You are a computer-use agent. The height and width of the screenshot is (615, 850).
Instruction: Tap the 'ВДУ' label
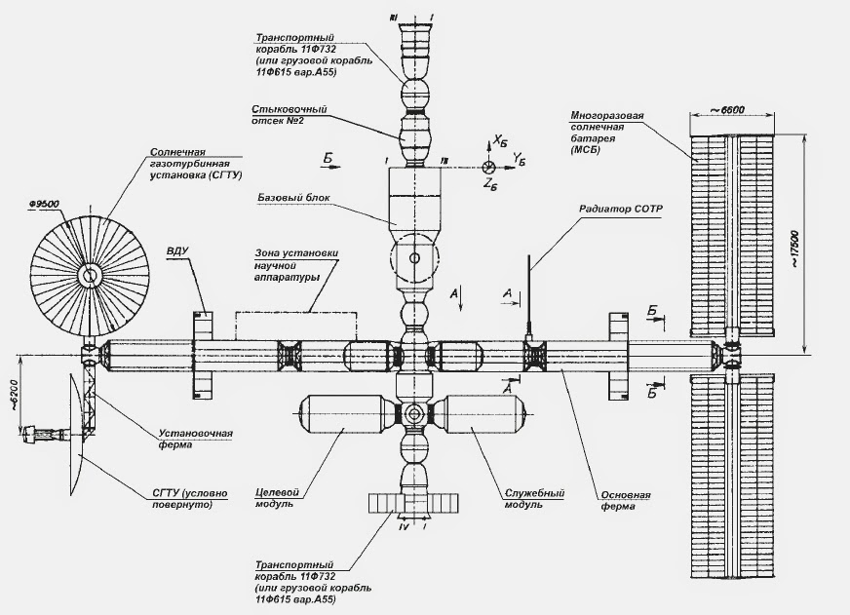pyautogui.click(x=176, y=252)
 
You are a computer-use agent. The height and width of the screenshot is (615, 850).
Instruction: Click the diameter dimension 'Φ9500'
pyautogui.click(x=45, y=203)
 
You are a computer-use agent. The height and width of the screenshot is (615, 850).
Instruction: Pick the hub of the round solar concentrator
pyautogui.click(x=90, y=276)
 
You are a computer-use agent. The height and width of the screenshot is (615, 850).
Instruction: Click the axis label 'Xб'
pyautogui.click(x=500, y=141)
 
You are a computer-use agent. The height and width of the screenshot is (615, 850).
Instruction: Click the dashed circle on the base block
pyautogui.click(x=414, y=258)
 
